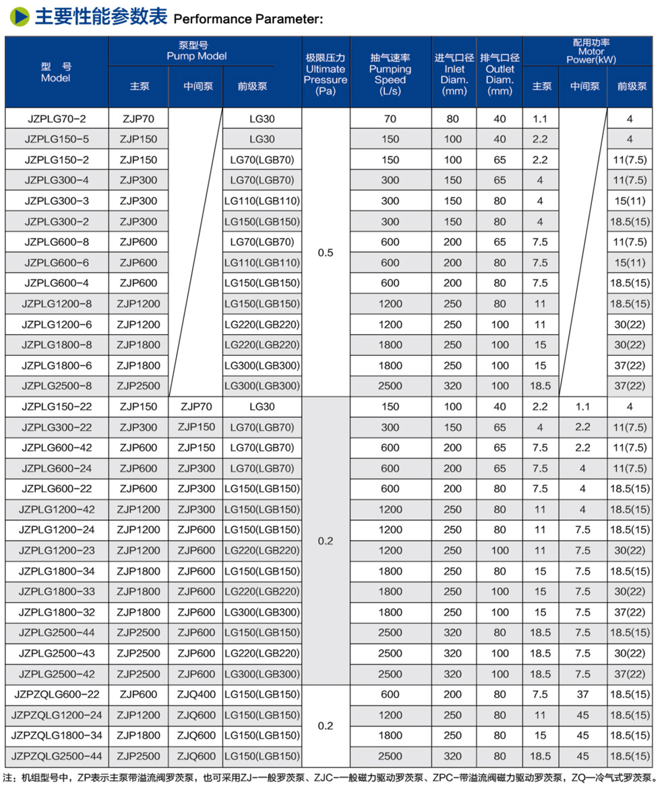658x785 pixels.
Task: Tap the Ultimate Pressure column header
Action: click(x=326, y=74)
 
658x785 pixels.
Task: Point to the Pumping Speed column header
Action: click(x=390, y=74)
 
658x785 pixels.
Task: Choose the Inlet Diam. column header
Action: click(x=454, y=74)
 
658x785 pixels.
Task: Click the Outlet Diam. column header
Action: click(x=500, y=74)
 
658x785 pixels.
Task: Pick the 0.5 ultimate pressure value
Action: click(x=326, y=253)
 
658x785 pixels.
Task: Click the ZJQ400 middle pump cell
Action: click(x=196, y=695)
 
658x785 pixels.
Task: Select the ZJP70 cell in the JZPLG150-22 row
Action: click(x=196, y=407)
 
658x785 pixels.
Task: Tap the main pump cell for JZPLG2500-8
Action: click(x=139, y=386)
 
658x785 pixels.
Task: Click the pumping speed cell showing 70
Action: click(x=390, y=119)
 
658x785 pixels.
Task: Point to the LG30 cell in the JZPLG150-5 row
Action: click(x=262, y=139)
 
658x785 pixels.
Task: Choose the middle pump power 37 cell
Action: click(x=582, y=695)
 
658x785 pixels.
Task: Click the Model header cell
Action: click(x=55, y=72)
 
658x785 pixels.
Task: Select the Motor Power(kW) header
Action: click(x=587, y=51)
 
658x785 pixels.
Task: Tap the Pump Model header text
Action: click(x=197, y=51)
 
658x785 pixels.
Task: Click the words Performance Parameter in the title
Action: click(x=248, y=19)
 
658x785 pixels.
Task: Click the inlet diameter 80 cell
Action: click(x=453, y=119)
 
